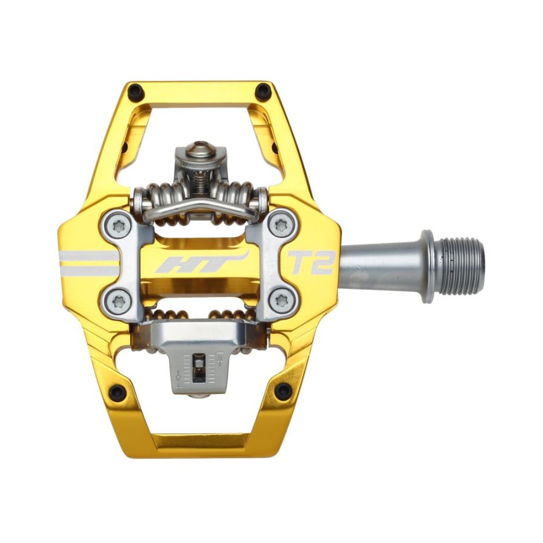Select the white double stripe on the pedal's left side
tap(87, 263)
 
